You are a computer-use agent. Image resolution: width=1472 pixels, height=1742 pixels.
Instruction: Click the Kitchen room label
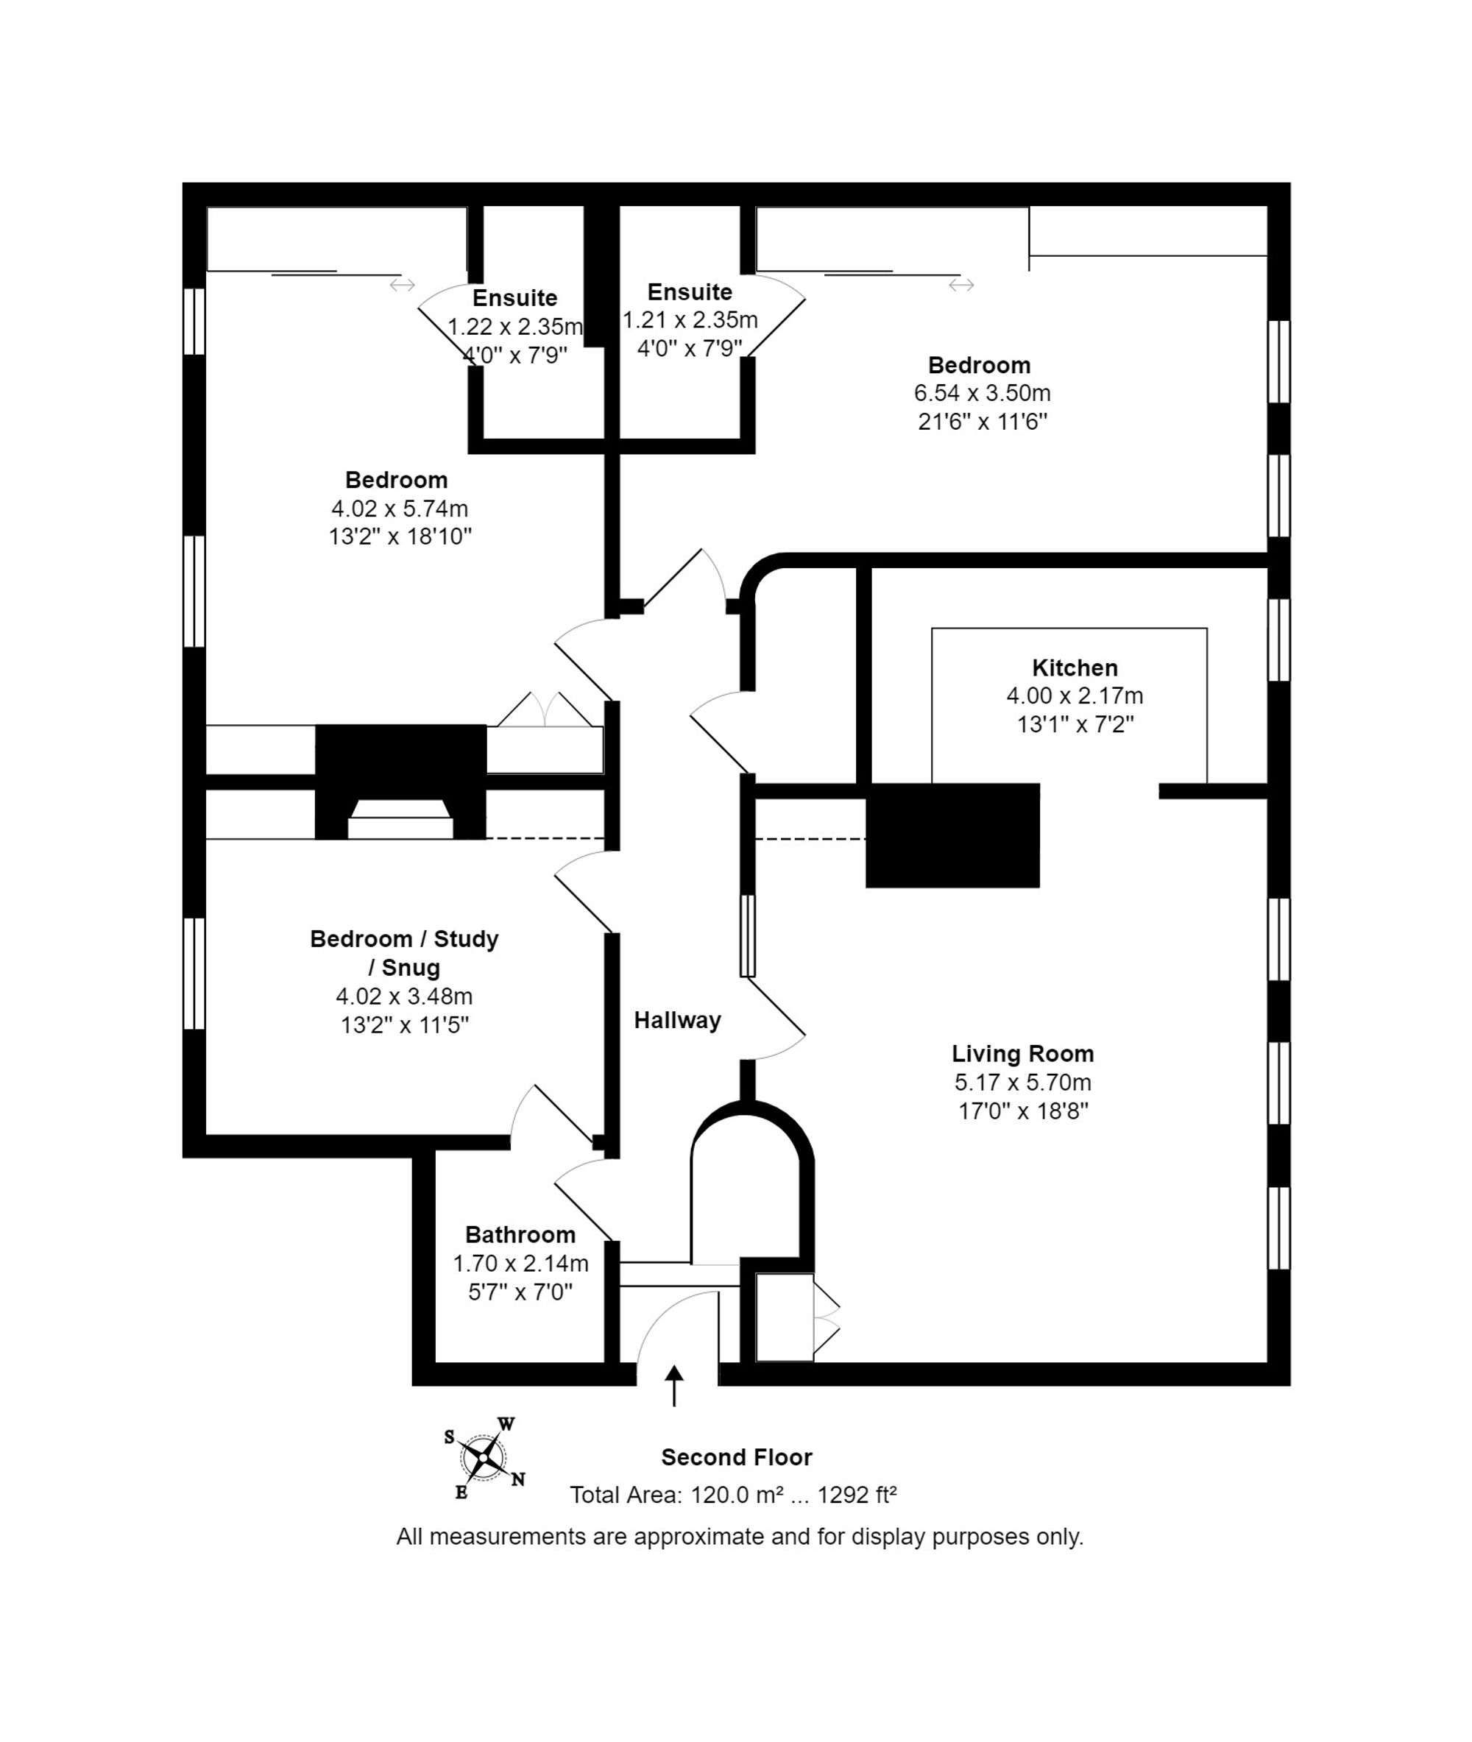tap(1074, 668)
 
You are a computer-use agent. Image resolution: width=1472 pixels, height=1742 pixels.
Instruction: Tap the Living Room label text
tap(1022, 1054)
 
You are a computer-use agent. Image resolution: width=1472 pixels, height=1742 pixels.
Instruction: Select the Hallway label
tap(677, 1019)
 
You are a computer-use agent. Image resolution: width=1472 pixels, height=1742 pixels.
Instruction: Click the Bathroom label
tap(520, 1234)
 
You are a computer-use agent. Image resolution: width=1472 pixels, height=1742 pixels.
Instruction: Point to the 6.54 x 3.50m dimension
tap(982, 393)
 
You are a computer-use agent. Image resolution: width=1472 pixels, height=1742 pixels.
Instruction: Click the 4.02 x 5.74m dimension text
tap(400, 508)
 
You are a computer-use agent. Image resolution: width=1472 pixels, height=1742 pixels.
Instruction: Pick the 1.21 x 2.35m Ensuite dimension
tap(690, 319)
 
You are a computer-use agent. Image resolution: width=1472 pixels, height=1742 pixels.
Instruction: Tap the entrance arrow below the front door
tap(673, 1386)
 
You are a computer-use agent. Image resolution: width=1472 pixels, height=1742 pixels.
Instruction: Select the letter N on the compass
tap(518, 1480)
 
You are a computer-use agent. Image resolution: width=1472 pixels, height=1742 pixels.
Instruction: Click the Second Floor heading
tap(736, 1456)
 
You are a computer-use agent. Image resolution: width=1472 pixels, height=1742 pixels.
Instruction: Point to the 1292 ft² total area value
tap(856, 1494)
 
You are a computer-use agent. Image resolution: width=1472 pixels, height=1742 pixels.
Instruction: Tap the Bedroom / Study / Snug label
tap(404, 953)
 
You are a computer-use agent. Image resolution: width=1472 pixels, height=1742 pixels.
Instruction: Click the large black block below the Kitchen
tap(952, 835)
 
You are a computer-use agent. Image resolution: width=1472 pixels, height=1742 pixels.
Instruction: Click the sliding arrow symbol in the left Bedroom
tap(402, 286)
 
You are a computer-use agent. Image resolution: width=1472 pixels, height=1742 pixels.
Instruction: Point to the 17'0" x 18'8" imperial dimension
tap(1023, 1111)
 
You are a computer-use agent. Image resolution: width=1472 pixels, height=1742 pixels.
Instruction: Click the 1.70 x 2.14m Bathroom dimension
tap(520, 1263)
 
